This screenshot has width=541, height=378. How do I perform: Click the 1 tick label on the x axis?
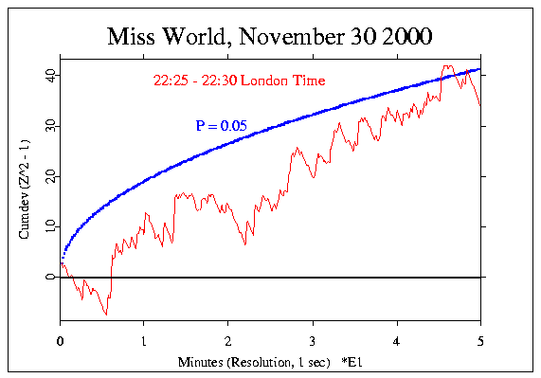(x=144, y=338)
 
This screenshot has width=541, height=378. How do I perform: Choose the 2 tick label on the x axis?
(x=228, y=338)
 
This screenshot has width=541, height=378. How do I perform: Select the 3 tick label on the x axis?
(x=313, y=338)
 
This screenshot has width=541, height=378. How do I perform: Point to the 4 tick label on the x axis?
(x=397, y=338)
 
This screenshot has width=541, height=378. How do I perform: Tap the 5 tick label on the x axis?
(x=481, y=338)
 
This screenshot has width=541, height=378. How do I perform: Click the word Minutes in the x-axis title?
(x=201, y=362)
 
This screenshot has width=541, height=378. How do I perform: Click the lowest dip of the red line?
(x=107, y=315)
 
